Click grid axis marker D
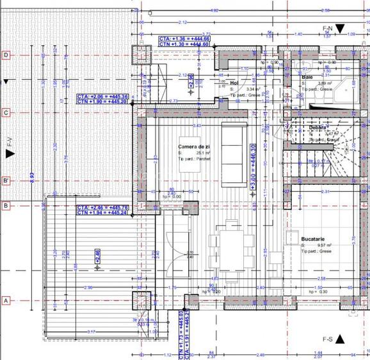click(6, 55)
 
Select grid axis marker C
click(6, 113)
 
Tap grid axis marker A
click(6, 300)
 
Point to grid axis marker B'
click(6, 180)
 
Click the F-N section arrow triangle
click(341, 28)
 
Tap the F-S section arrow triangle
click(341, 338)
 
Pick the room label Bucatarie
click(314, 240)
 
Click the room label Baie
click(307, 77)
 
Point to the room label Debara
click(318, 128)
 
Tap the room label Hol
click(234, 83)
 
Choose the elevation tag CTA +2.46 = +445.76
click(102, 208)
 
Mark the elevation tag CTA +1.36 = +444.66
click(184, 39)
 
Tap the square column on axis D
click(140, 56)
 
